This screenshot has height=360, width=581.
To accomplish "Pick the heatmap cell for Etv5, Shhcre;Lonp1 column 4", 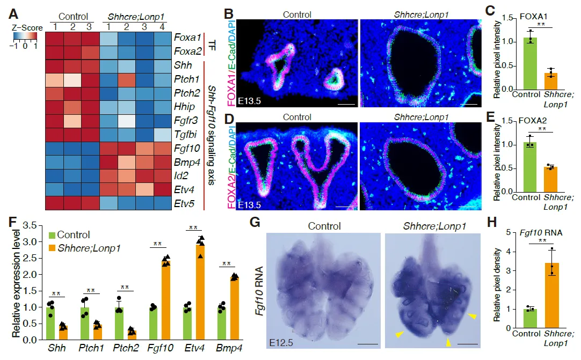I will point(163,204).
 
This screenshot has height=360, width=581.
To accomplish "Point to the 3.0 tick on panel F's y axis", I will point(35,242).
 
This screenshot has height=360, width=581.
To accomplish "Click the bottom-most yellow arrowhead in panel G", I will point(447,342).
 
